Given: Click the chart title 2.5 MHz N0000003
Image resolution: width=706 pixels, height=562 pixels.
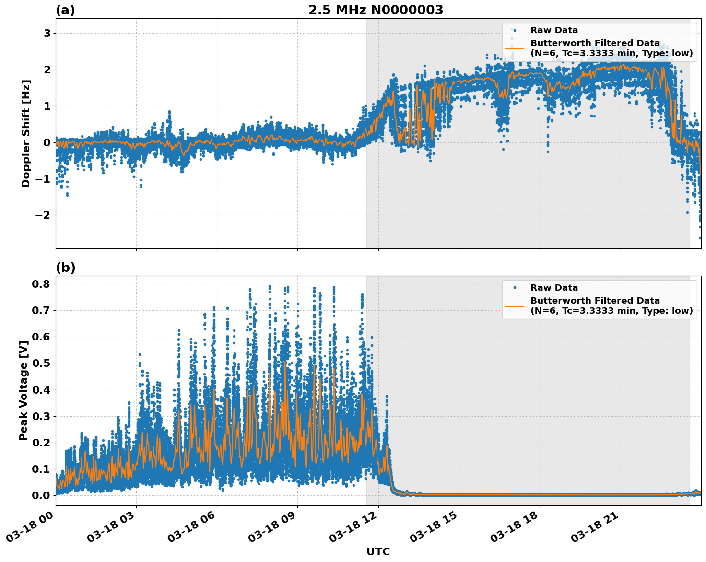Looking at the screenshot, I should tap(376, 10).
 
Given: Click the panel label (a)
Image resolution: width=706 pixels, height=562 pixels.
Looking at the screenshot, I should tap(65, 10).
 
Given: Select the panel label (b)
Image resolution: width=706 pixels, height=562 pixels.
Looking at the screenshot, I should tap(65, 268).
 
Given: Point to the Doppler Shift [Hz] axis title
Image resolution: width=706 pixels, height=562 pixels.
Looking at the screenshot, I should tap(26, 133).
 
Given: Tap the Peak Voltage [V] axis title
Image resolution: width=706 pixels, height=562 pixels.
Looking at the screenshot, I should tap(24, 390).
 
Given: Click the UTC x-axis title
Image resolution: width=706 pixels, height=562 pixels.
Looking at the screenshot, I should tap(378, 551).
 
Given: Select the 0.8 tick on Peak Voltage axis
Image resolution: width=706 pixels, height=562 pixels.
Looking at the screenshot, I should tap(40, 284).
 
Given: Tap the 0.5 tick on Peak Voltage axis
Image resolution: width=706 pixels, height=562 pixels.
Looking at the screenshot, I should tap(40, 363).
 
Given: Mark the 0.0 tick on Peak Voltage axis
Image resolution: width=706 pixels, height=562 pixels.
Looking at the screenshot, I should tap(40, 495).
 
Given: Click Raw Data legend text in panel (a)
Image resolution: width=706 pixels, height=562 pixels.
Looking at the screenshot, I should tap(554, 30).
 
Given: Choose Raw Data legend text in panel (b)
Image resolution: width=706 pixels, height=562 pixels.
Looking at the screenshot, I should tap(554, 288).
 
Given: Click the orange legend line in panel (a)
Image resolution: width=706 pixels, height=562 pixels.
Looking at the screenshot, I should tap(514, 48).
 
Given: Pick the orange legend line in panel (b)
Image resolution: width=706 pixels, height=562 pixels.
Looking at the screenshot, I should tap(514, 306).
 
